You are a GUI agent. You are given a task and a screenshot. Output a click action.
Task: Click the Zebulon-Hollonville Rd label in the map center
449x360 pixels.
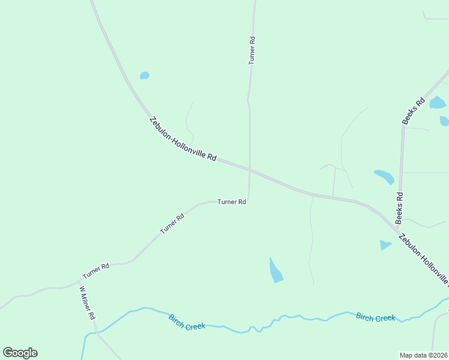click(x=183, y=139)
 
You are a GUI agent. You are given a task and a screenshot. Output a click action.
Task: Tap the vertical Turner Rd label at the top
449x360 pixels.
click(x=253, y=50)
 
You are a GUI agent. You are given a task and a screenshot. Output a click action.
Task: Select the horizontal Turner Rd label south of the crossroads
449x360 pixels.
click(x=232, y=202)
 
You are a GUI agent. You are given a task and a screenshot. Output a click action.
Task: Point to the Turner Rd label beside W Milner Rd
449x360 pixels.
click(x=96, y=271)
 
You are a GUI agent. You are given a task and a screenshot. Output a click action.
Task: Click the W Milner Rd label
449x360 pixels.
click(x=88, y=302)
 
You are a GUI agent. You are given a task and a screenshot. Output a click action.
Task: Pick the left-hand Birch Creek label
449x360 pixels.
click(x=187, y=322)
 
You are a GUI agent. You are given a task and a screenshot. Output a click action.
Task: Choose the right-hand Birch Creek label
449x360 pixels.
click(x=375, y=317)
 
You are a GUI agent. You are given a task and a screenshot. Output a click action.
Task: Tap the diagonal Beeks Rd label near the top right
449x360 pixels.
click(x=414, y=111)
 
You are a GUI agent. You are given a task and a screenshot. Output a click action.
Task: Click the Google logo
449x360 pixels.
click(x=20, y=353)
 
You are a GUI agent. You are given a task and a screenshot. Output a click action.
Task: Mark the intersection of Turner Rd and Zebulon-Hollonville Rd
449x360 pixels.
click(x=249, y=170)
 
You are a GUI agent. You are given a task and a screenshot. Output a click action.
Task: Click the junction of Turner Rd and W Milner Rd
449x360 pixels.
click(x=80, y=280)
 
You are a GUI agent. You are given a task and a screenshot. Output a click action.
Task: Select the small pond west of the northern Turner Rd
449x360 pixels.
click(x=145, y=76)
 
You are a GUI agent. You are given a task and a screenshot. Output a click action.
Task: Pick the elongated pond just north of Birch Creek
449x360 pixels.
click(x=275, y=271)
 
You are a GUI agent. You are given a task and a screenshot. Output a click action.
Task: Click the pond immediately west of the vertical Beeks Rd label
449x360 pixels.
click(x=384, y=177)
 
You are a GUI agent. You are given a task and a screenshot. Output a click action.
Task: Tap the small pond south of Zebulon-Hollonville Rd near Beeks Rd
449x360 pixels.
click(x=385, y=245)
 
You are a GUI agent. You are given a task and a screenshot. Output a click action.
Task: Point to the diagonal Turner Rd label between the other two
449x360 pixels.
click(x=171, y=223)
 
